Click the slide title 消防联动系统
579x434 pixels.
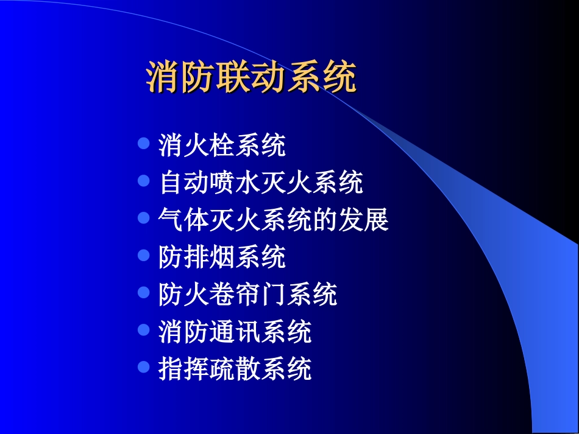click(x=251, y=77)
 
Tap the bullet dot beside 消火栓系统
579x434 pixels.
click(x=144, y=144)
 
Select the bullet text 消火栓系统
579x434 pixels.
click(x=222, y=145)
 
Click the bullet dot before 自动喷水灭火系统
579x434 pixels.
click(x=144, y=181)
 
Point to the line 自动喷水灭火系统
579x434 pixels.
click(x=261, y=183)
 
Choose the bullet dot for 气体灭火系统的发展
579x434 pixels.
click(x=144, y=218)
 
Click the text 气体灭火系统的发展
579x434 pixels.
click(x=273, y=220)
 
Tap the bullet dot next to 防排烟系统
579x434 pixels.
click(x=144, y=255)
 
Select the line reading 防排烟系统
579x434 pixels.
click(x=222, y=257)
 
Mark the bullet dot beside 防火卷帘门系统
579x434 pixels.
click(x=144, y=293)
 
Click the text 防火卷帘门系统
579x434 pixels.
click(x=247, y=295)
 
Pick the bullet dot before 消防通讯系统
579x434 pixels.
click(x=144, y=330)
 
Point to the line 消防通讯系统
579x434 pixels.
click(x=235, y=332)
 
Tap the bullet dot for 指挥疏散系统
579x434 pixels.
click(x=144, y=367)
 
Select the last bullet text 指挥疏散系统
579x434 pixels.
click(x=235, y=369)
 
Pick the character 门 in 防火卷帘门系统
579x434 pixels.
click(x=274, y=295)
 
